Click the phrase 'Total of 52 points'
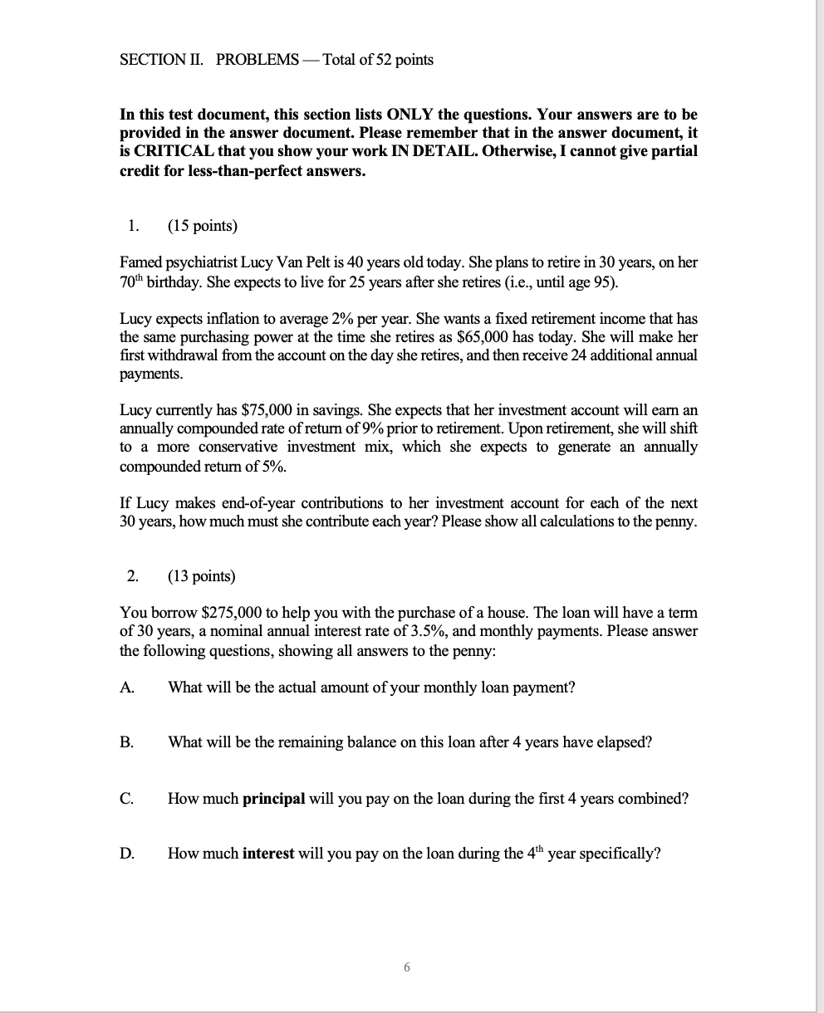tap(377, 60)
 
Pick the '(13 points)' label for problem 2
tap(201, 576)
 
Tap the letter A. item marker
tap(127, 687)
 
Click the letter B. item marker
tap(127, 742)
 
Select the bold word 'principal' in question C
tap(274, 798)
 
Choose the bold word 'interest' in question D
tap(268, 854)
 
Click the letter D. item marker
tap(127, 854)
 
